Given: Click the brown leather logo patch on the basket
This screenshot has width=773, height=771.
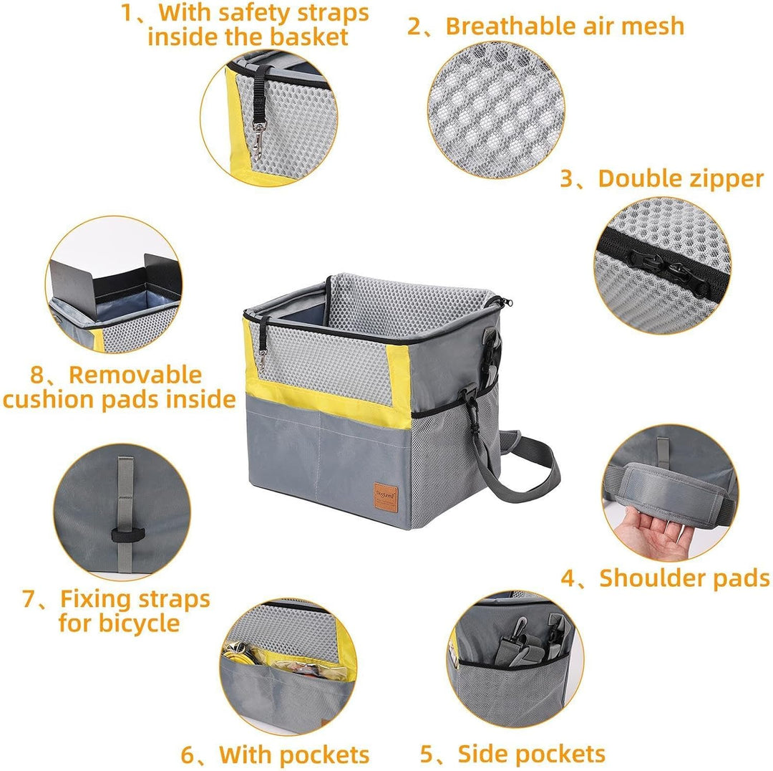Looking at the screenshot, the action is point(386,497).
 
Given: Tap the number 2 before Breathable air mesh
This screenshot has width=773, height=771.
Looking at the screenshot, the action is point(414,27).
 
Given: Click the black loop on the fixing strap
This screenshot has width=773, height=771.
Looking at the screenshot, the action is point(127,535).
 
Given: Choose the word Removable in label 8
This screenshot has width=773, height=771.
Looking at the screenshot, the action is point(135,375).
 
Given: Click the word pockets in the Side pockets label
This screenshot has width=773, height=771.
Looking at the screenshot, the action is point(558,755).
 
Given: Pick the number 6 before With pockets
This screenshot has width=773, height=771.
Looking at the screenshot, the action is point(188,755).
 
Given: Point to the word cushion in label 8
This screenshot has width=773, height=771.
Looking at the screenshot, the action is point(49,399).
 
